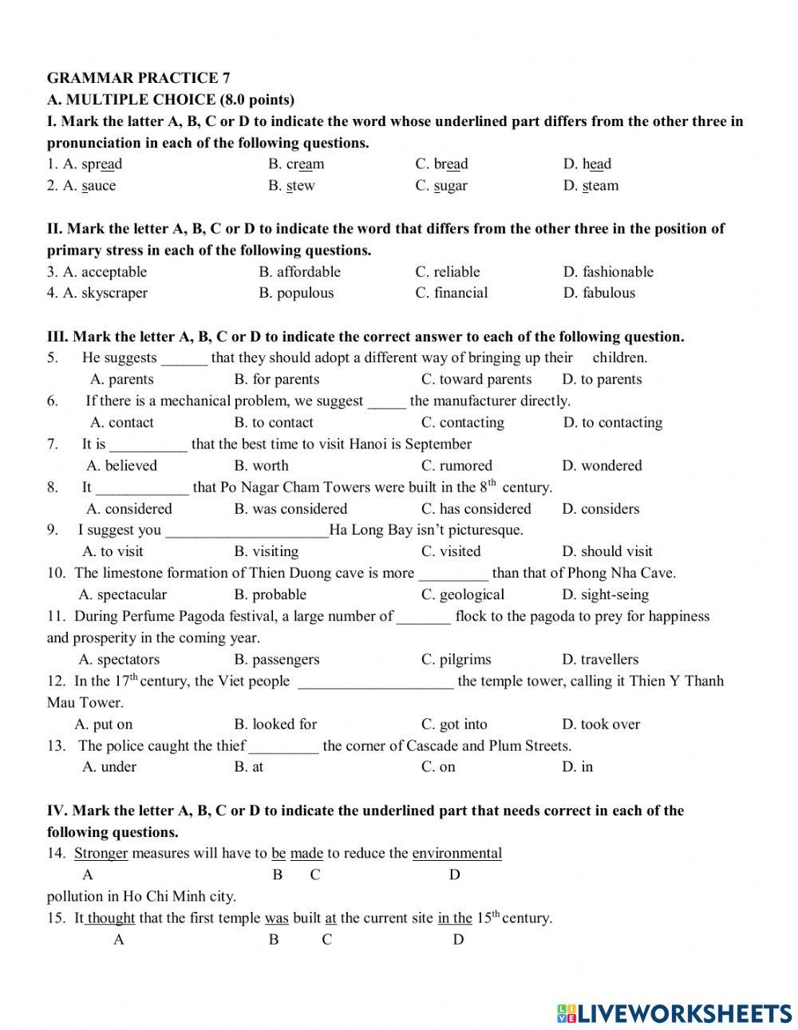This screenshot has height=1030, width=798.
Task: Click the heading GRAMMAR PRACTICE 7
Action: [138, 77]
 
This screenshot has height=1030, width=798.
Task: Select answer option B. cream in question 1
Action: [296, 164]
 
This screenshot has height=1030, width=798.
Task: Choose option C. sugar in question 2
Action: [441, 186]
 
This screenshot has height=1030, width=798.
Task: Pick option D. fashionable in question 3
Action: [608, 272]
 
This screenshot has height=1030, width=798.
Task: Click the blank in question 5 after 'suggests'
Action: [184, 358]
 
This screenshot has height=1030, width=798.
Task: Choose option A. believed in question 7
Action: [121, 466]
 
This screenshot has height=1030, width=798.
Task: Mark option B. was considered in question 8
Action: [290, 509]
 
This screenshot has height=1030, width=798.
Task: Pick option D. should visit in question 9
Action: [606, 551]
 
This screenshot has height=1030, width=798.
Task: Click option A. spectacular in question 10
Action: [123, 594]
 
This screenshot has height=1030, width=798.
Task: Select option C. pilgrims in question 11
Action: [456, 660]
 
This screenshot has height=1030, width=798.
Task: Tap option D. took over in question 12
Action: [600, 724]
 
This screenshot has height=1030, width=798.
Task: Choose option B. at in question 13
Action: [248, 767]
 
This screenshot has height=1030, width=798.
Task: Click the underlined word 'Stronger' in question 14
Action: [101, 854]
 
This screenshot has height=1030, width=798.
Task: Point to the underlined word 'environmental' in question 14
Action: [456, 854]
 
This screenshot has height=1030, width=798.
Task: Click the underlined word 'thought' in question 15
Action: [111, 918]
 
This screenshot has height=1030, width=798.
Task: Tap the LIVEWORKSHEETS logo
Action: [674, 1013]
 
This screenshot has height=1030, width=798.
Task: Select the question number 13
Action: [56, 746]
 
